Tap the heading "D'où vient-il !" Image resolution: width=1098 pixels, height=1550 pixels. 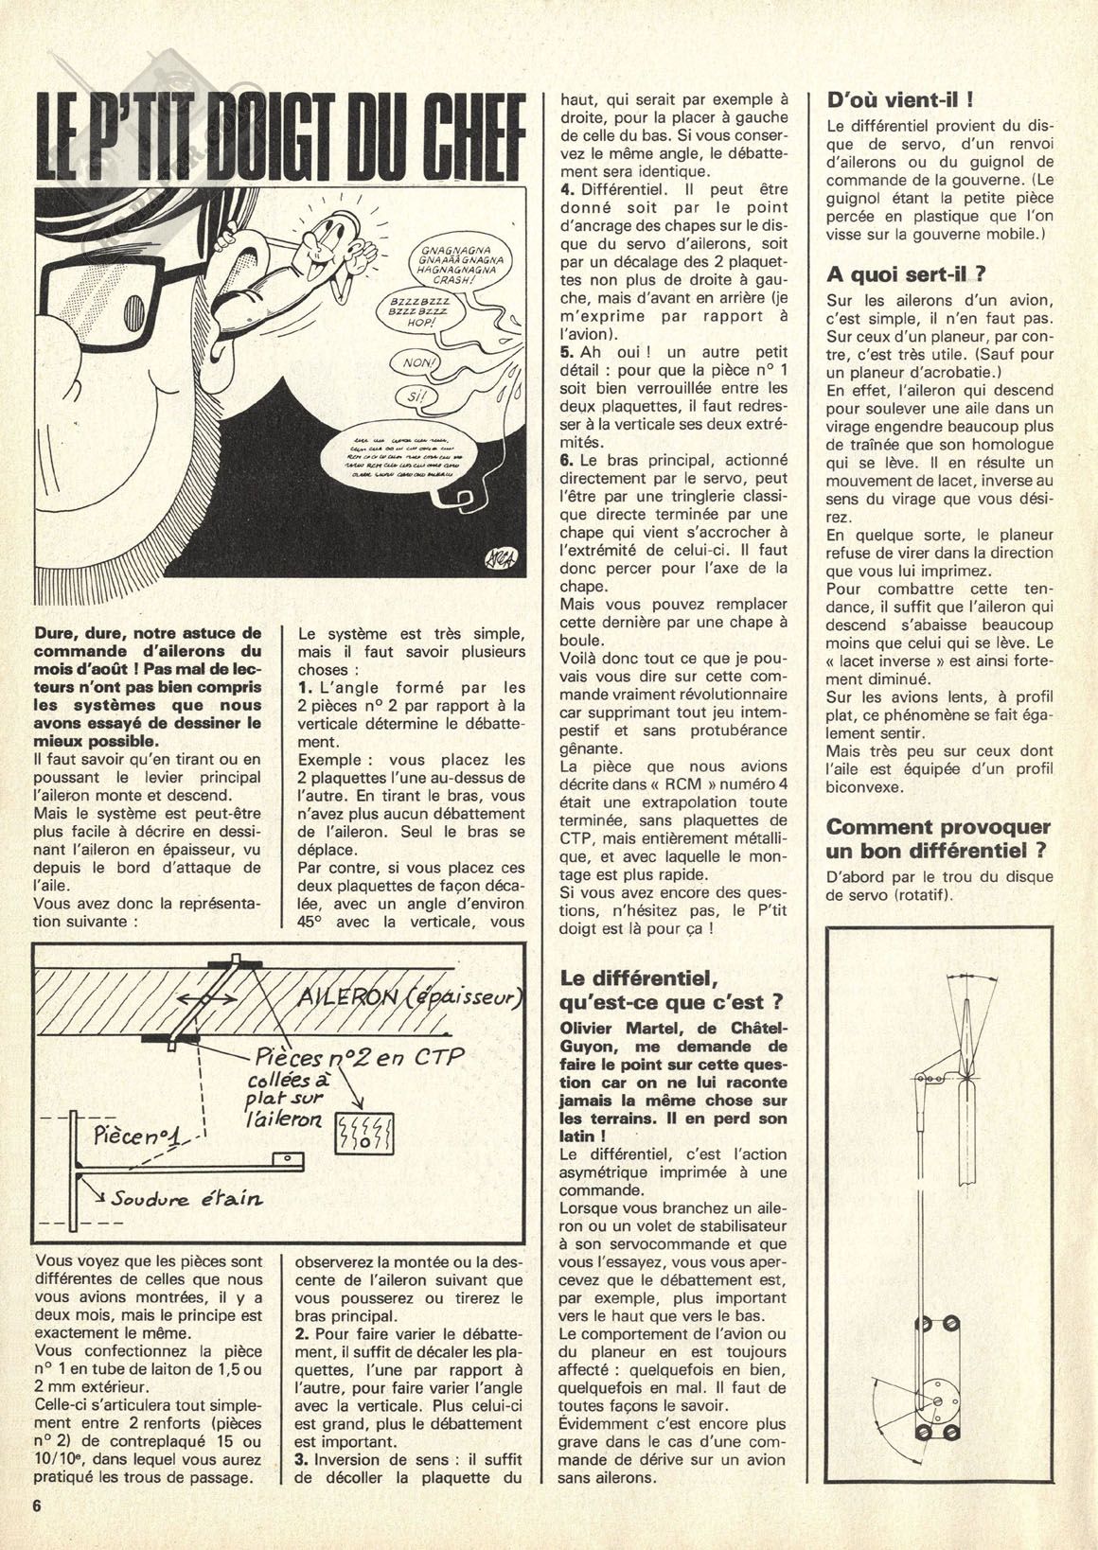(888, 100)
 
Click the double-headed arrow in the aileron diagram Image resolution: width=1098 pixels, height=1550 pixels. (204, 1002)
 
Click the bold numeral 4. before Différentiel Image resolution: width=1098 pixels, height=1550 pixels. (568, 190)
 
